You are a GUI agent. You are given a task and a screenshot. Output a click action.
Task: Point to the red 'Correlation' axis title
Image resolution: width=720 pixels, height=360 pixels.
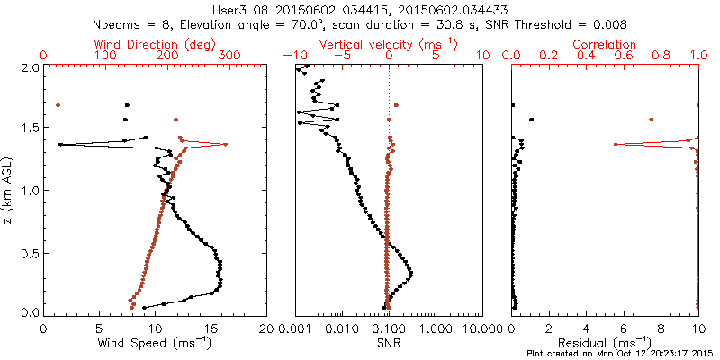pos(605,44)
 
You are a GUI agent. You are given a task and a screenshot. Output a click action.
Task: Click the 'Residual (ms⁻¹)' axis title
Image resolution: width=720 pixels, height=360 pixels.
pos(605,343)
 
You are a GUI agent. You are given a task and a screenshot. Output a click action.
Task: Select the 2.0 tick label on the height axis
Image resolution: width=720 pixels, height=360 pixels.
pos(30,67)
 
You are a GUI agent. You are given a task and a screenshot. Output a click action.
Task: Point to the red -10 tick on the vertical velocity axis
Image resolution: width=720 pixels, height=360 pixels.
pos(291,56)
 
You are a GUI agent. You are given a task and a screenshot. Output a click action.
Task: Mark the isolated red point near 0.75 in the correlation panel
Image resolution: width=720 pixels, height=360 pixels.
pos(652,119)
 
